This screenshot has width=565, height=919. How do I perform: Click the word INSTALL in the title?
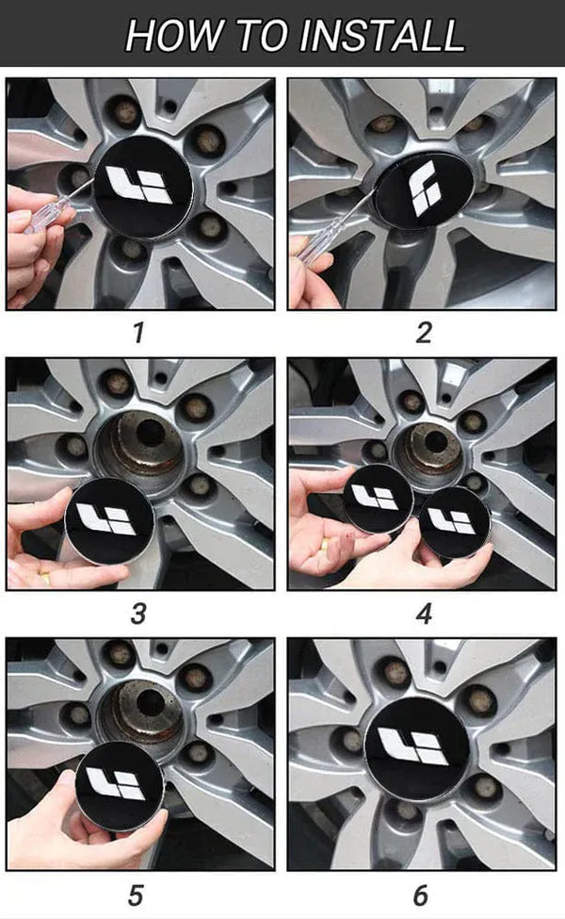[381, 35]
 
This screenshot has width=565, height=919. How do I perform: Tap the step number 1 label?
[138, 333]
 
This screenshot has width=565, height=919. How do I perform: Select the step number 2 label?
[424, 333]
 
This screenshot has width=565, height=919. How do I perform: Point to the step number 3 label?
[138, 614]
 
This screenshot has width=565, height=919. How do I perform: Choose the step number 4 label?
[424, 614]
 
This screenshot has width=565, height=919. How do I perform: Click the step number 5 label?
[136, 895]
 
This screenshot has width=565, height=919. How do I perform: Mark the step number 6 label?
[421, 895]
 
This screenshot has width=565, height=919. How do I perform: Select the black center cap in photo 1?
[142, 187]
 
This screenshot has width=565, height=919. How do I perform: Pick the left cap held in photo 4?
[378, 499]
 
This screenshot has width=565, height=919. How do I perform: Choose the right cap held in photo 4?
[454, 522]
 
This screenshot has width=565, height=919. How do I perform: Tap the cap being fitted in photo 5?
[119, 785]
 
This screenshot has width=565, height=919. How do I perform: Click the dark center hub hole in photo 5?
[151, 702]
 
